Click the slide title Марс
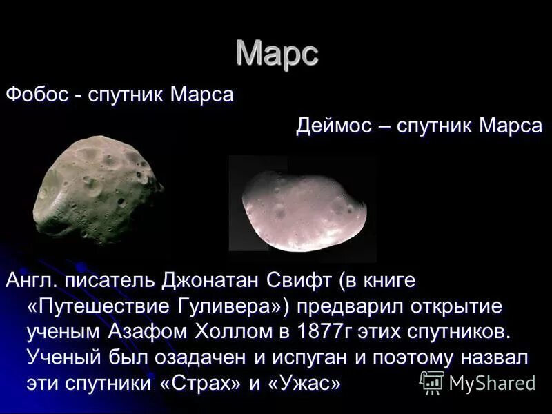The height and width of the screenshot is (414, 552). click(277, 53)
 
